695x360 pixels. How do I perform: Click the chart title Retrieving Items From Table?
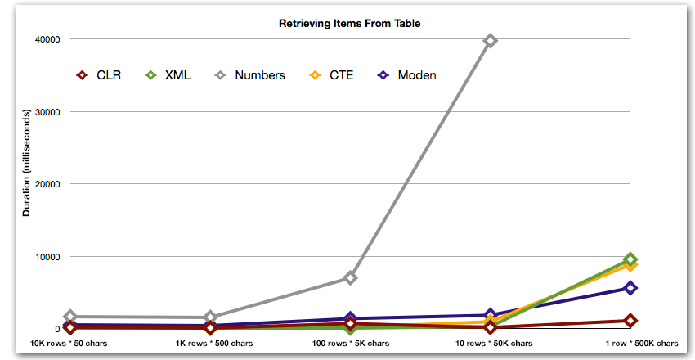(x=349, y=23)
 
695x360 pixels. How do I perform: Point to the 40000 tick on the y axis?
(x=47, y=39)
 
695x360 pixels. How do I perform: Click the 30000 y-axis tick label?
(x=47, y=112)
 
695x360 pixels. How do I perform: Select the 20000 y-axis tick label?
(x=47, y=184)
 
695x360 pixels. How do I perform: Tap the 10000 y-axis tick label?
(x=47, y=257)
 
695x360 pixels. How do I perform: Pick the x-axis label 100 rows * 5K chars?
(x=350, y=344)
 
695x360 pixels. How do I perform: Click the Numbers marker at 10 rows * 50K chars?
(x=491, y=40)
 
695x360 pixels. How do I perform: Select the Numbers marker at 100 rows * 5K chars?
(x=350, y=278)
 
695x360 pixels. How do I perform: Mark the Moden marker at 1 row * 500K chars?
(x=630, y=288)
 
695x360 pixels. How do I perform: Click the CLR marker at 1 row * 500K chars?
(x=630, y=321)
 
